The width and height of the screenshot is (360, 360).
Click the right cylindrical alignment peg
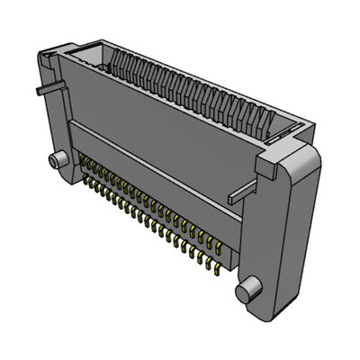coord(247,289)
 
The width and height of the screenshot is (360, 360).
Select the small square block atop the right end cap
coord(270,164)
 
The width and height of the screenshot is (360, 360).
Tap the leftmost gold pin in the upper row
coord(82,160)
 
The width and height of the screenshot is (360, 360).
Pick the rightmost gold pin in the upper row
coord(219,246)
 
